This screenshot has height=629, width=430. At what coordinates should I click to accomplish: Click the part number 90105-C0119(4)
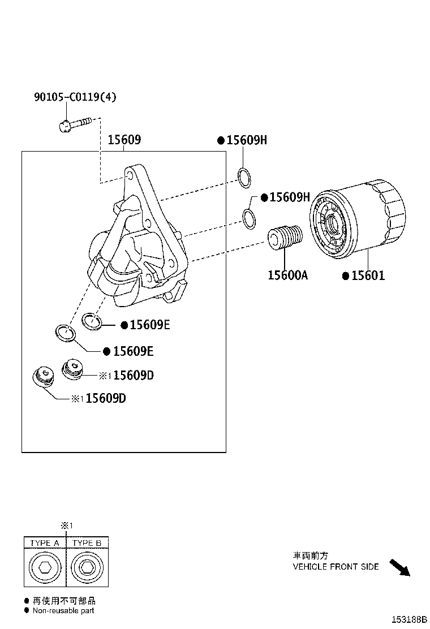(75, 97)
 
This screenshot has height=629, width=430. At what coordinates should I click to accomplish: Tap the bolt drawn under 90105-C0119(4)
(75, 123)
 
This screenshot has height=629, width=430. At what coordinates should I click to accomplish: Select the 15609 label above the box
(124, 140)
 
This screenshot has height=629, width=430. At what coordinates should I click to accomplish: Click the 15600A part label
(287, 275)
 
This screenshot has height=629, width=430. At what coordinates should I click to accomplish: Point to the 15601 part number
(368, 276)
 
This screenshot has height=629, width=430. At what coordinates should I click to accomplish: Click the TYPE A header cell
(45, 543)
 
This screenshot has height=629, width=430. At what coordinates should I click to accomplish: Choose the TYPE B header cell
(87, 543)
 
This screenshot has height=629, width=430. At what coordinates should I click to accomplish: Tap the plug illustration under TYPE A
(45, 568)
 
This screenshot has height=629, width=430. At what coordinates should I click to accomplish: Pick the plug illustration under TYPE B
(87, 568)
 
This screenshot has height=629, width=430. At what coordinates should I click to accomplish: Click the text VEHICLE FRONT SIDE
(336, 566)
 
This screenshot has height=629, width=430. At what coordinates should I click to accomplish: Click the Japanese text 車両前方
(310, 555)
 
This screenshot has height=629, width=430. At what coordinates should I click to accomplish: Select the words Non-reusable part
(63, 611)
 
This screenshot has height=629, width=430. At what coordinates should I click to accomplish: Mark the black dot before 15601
(345, 276)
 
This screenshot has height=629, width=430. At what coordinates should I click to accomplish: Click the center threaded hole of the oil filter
(331, 223)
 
